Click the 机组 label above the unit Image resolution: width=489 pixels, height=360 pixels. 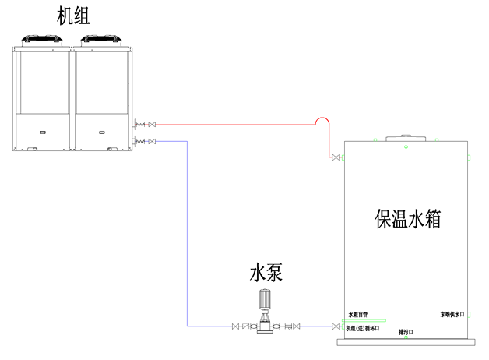[x=72, y=16]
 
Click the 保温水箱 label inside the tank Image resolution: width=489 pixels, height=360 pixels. [x=408, y=218]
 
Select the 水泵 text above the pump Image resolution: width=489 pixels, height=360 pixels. [x=266, y=273]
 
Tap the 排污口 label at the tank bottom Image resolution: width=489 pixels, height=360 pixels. [x=406, y=332]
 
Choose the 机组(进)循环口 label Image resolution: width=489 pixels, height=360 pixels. [x=363, y=329]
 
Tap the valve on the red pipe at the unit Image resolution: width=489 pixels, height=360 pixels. [x=152, y=123]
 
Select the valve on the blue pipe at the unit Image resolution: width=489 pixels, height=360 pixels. [x=152, y=141]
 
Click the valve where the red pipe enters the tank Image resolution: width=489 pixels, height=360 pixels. [x=336, y=158]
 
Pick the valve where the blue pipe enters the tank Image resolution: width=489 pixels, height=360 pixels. [x=336, y=326]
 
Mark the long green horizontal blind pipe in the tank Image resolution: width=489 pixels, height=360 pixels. [x=365, y=320]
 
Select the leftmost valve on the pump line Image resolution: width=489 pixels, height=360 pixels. [x=236, y=326]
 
